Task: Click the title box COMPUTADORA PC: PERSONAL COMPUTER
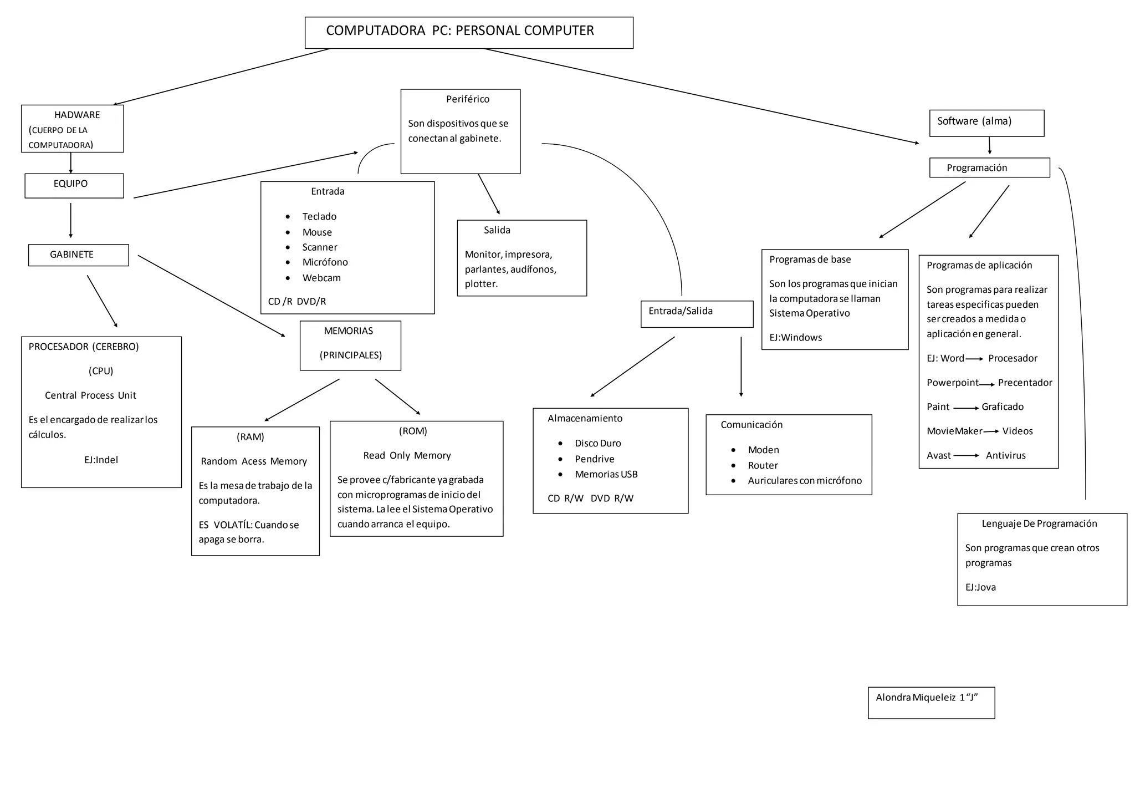click(x=469, y=32)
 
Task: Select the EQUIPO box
click(x=74, y=185)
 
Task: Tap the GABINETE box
click(x=78, y=255)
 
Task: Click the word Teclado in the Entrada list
click(x=319, y=216)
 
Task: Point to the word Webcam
click(x=321, y=278)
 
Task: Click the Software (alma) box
click(x=986, y=123)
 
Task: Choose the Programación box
click(x=989, y=167)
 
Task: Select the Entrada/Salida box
click(x=697, y=314)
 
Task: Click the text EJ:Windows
click(x=795, y=337)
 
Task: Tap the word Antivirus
click(x=1005, y=455)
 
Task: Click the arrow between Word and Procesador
click(x=975, y=359)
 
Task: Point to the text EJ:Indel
click(x=101, y=460)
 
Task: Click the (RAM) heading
click(x=250, y=437)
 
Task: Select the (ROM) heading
click(x=413, y=431)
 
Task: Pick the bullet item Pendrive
click(x=594, y=459)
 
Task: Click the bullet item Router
click(x=763, y=465)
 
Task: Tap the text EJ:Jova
click(x=980, y=587)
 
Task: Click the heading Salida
click(x=497, y=230)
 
